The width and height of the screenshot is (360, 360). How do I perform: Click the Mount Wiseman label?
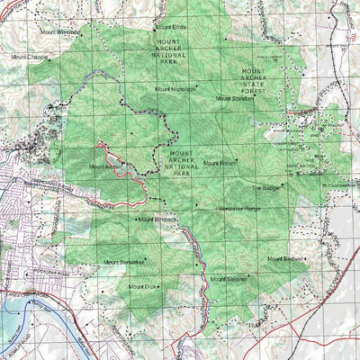59,31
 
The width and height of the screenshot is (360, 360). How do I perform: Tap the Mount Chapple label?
30,56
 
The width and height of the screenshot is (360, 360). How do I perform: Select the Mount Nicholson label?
175,89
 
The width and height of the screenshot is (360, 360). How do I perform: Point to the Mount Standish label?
236,99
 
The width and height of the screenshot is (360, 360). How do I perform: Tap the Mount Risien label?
220,163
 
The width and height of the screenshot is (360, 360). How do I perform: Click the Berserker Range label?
239,208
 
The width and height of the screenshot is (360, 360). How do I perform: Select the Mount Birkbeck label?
159,219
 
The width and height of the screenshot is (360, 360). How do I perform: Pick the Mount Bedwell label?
286,259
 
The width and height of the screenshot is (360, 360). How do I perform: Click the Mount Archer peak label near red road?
104,166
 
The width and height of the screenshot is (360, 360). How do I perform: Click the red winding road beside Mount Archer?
135,181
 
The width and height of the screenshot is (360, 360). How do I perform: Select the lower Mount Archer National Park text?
187,159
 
